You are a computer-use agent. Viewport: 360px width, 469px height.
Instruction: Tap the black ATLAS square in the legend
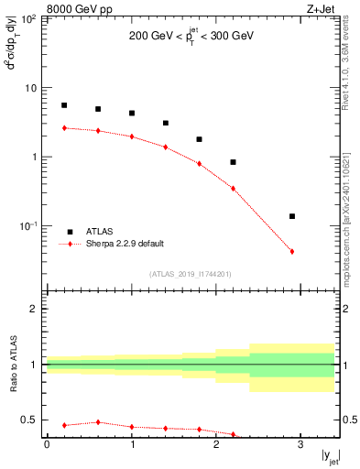[x=71, y=232]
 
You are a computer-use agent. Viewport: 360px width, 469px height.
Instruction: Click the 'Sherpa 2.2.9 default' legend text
[x=125, y=245]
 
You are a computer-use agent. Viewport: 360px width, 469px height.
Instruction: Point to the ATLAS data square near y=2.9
[x=292, y=216]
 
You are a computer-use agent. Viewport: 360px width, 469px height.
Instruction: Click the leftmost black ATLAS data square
[x=64, y=105]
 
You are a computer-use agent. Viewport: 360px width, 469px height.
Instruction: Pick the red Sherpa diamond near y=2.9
[x=292, y=251]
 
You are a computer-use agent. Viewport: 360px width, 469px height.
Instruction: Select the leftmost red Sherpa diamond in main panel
[x=64, y=128]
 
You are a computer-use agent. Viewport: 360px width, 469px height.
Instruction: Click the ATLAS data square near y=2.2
[x=234, y=162]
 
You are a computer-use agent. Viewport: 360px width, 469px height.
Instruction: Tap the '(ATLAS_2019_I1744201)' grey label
[x=191, y=273]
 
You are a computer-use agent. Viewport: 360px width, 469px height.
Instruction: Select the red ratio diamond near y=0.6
[x=98, y=422]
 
